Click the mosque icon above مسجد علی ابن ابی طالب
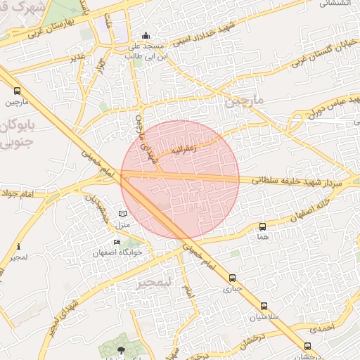click(146, 35)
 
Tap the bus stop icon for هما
click(263, 226)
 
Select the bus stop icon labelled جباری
click(233, 278)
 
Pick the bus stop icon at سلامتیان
click(264, 306)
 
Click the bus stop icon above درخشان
click(307, 346)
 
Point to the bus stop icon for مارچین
click(17, 91)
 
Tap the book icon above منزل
click(123, 213)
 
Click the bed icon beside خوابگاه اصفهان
click(117, 243)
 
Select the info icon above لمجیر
click(18, 247)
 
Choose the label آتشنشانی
click(335, 3)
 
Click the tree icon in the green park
click(122, 349)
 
